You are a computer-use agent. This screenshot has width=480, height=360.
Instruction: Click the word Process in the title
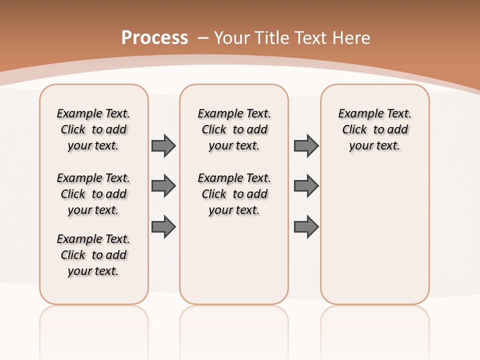click(x=154, y=38)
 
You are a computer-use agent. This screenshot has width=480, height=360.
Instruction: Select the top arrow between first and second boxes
click(x=163, y=145)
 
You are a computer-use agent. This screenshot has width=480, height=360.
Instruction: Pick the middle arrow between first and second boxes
click(x=163, y=186)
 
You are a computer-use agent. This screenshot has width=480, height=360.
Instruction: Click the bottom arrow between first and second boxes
click(x=163, y=226)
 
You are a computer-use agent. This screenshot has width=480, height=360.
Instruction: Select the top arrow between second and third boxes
click(x=306, y=145)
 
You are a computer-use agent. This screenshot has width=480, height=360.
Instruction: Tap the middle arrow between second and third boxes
click(x=306, y=186)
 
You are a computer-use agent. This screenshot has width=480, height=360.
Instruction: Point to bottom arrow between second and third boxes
click(x=306, y=226)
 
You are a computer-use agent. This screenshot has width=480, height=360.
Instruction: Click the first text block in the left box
click(x=93, y=129)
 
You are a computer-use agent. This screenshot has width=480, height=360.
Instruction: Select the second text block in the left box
click(x=93, y=194)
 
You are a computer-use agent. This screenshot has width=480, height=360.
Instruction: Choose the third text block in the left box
click(x=93, y=255)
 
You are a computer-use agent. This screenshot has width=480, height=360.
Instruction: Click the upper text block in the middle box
click(x=234, y=129)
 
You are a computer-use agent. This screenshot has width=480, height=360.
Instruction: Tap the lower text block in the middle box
click(x=234, y=194)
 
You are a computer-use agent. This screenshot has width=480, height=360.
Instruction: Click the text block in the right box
click(x=374, y=129)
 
